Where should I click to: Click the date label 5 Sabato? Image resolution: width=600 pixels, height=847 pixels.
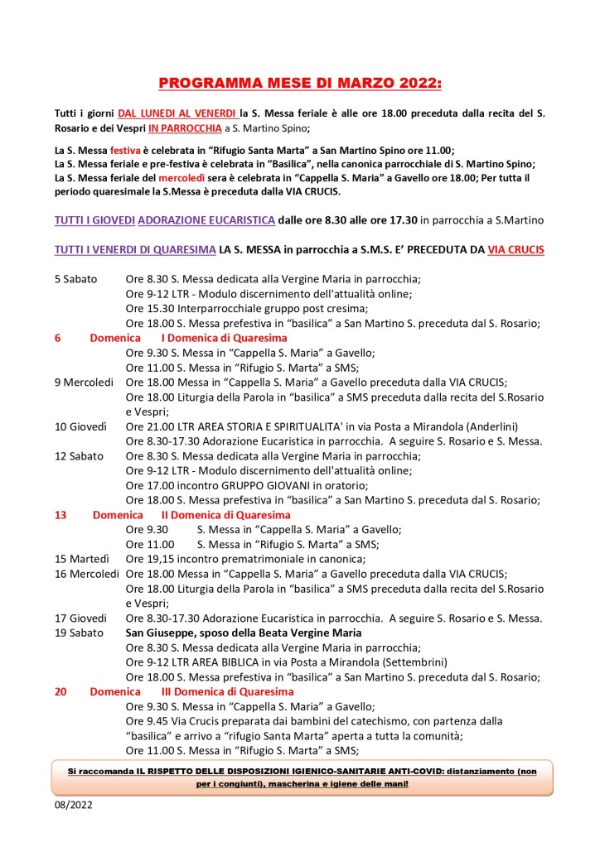point(80,279)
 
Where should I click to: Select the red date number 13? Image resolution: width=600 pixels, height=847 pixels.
point(60,515)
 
